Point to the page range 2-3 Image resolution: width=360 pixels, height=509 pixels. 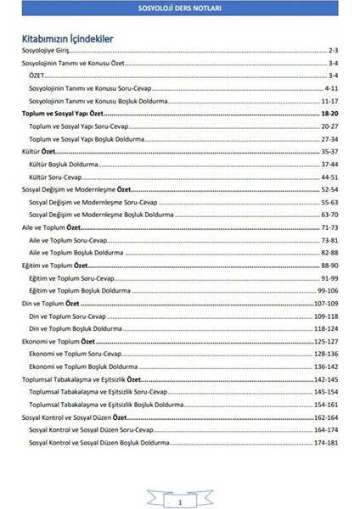coord(333,51)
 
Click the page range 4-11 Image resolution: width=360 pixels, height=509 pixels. coord(332,87)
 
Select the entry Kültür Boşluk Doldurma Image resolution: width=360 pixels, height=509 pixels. coord(68,163)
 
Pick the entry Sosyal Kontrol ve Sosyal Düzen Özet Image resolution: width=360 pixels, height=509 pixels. coord(77,418)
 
